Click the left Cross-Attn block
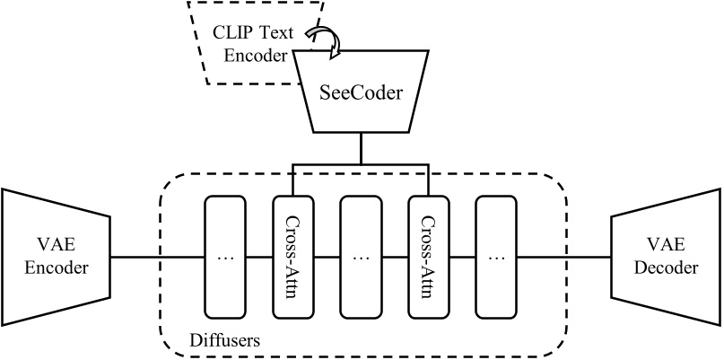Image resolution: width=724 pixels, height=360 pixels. click(292, 257)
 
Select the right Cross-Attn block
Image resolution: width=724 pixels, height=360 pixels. click(428, 257)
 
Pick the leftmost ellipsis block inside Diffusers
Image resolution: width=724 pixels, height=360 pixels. click(225, 257)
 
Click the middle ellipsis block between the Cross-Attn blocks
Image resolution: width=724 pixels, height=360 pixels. click(361, 257)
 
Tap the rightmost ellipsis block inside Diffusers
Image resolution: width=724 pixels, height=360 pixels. click(495, 257)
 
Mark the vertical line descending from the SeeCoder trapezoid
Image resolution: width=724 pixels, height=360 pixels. click(360, 149)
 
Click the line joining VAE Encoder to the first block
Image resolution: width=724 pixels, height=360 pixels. click(158, 257)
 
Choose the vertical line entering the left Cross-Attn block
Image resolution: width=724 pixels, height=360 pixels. click(292, 180)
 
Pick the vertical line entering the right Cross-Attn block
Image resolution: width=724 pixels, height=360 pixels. click(428, 180)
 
